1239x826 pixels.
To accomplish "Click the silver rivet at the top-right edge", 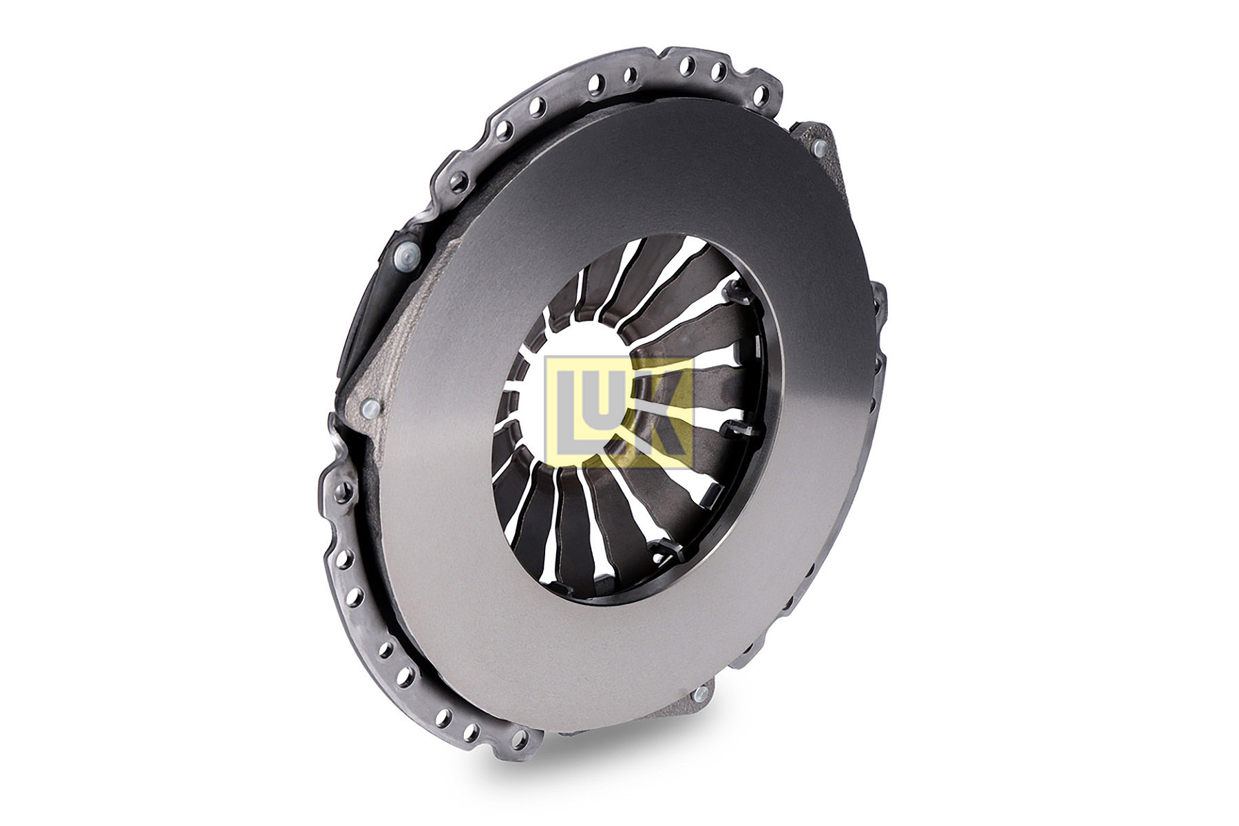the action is (x=819, y=147).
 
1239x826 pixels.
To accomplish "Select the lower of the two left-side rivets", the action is (x=370, y=409).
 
